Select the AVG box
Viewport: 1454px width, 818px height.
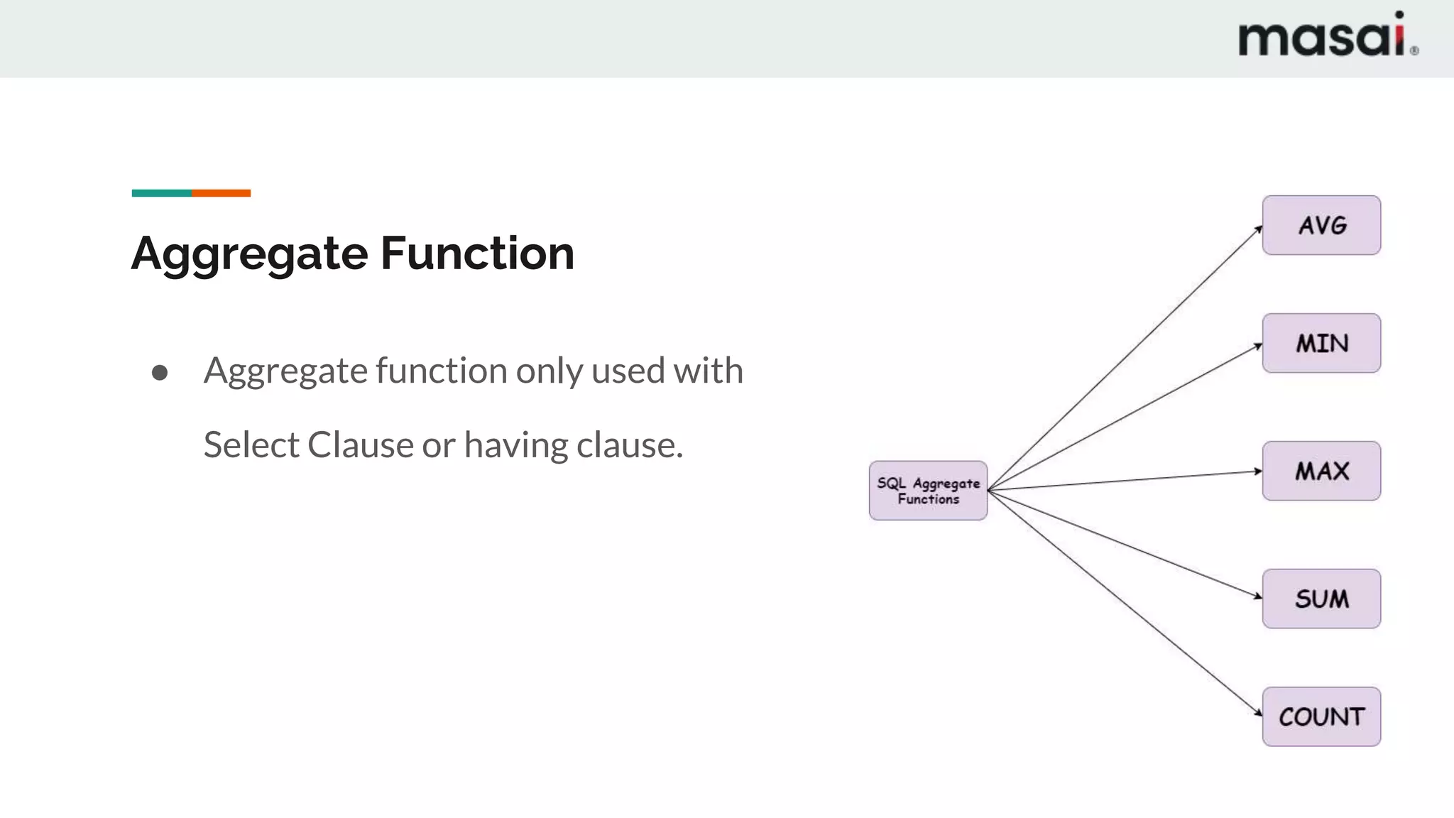(x=1321, y=225)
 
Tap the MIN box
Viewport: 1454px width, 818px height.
(x=1321, y=343)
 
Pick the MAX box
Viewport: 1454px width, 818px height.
(x=1321, y=471)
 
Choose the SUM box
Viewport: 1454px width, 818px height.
(x=1321, y=599)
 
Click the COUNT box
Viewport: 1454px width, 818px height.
(x=1321, y=716)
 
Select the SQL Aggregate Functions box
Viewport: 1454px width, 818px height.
(x=928, y=491)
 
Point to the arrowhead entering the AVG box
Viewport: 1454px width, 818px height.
(x=1259, y=229)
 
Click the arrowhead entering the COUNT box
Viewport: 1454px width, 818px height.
(x=1258, y=713)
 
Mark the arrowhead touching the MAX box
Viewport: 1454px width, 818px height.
(x=1258, y=471)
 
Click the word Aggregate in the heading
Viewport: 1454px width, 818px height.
(x=249, y=254)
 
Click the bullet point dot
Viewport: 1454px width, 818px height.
(x=160, y=373)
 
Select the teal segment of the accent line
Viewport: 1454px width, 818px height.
(x=161, y=193)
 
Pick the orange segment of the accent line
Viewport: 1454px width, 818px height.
(x=221, y=193)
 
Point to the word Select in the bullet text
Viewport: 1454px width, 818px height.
(x=251, y=446)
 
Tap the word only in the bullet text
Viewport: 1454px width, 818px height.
(x=549, y=371)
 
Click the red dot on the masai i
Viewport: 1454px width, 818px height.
(x=1399, y=15)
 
